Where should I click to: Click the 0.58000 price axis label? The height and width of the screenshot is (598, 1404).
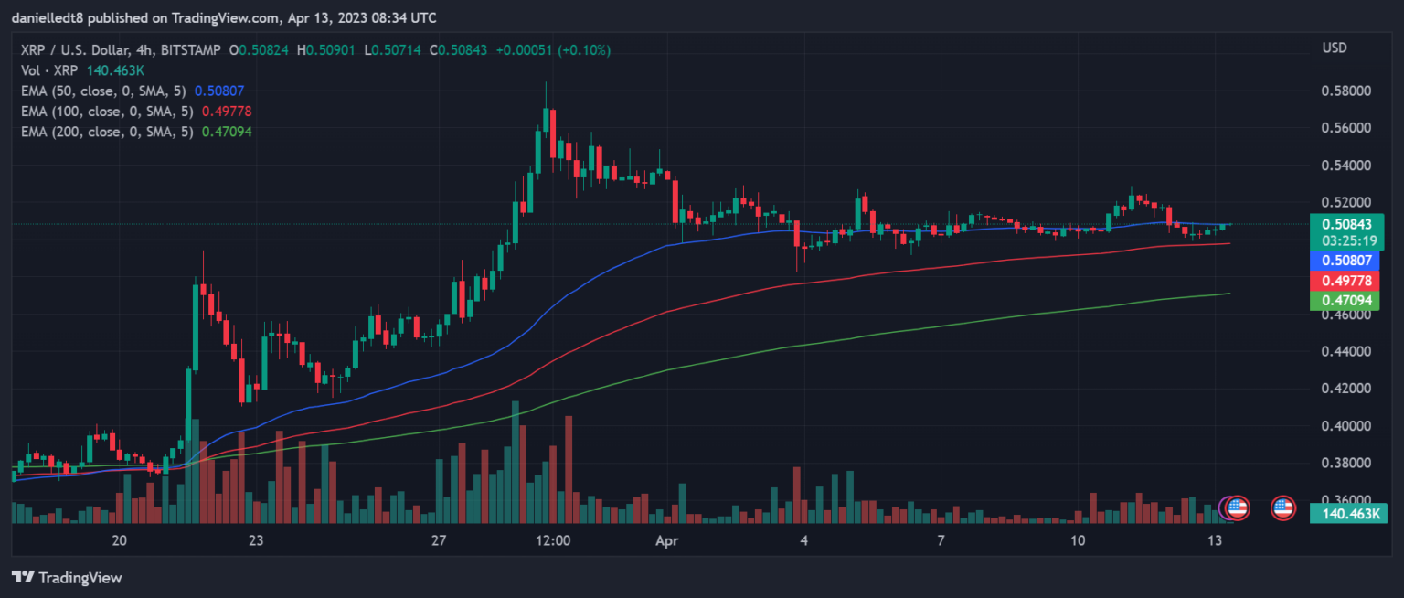click(x=1345, y=91)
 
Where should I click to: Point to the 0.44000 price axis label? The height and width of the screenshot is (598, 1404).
click(x=1345, y=352)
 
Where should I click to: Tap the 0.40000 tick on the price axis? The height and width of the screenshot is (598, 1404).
click(x=1345, y=426)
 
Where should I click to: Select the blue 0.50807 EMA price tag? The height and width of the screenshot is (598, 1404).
click(x=1345, y=261)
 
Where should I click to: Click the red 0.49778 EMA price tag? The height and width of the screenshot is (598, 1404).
click(x=1345, y=280)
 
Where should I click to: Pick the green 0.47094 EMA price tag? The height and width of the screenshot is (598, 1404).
click(x=1345, y=300)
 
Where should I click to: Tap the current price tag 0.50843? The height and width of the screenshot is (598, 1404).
click(x=1345, y=223)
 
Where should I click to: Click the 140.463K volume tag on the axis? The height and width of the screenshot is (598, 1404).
click(x=1345, y=513)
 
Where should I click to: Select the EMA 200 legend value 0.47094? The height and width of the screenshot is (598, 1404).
click(x=227, y=132)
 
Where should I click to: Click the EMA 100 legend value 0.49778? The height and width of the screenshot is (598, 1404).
click(x=227, y=112)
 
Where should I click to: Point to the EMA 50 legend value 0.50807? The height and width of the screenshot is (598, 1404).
click(x=219, y=91)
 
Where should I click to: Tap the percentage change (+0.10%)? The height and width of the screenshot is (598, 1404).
click(x=584, y=49)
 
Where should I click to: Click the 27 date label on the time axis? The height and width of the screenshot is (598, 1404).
click(x=439, y=540)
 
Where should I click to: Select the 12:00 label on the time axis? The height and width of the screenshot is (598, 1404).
click(x=553, y=540)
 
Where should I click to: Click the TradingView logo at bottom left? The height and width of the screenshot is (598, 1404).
click(x=66, y=578)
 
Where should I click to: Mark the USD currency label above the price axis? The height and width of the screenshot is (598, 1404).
click(x=1334, y=48)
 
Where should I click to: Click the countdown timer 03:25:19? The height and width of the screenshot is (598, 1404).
click(x=1345, y=240)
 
